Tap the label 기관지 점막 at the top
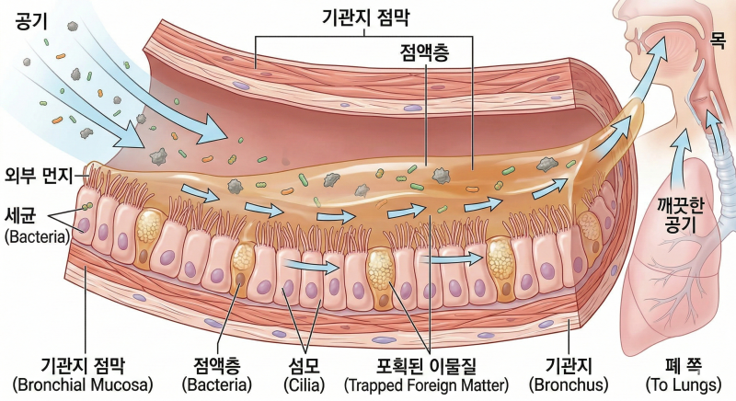point(365,17)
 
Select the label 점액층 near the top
point(424,52)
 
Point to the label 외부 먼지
point(39,176)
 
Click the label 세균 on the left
point(20,216)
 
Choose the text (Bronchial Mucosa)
point(83,385)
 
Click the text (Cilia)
point(305,385)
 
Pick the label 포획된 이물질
point(426,366)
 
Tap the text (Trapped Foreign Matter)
point(426,385)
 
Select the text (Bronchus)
point(569,385)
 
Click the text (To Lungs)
point(684,385)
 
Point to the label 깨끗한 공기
point(680,215)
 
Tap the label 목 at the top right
point(718,40)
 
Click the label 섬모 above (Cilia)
point(305,366)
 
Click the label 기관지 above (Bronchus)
point(569,366)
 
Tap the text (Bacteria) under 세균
point(37,236)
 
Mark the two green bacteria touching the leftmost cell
point(86,206)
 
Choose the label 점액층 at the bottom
point(217,366)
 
